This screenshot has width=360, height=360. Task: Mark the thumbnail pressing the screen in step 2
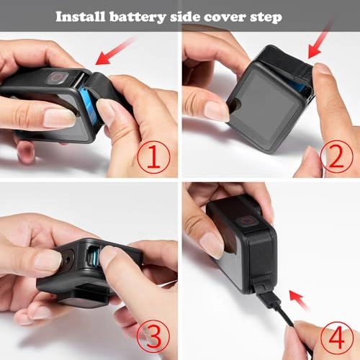[215, 109]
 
